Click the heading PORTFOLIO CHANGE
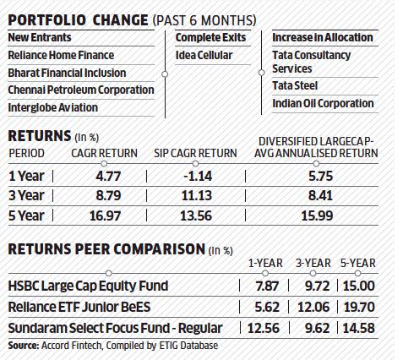tap(78, 20)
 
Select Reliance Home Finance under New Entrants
tap(61, 55)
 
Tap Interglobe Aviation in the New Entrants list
tap(53, 107)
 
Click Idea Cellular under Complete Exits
tap(204, 55)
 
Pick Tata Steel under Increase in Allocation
tap(295, 85)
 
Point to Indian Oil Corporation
tap(323, 103)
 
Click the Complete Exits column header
tap(210, 37)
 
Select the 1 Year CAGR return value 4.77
tap(108, 177)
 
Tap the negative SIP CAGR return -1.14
tap(198, 177)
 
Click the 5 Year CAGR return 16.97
tap(105, 215)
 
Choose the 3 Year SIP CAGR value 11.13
tap(197, 195)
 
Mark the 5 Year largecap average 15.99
tap(317, 215)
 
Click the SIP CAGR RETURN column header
tap(195, 153)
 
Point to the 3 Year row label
tap(26, 195)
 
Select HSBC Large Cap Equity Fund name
tap(88, 286)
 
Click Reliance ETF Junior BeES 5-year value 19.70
tap(359, 307)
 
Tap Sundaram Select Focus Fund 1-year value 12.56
tap(264, 329)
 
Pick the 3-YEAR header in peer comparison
tap(313, 263)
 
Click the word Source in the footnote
tap(24, 346)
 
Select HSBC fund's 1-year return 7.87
tap(267, 286)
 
